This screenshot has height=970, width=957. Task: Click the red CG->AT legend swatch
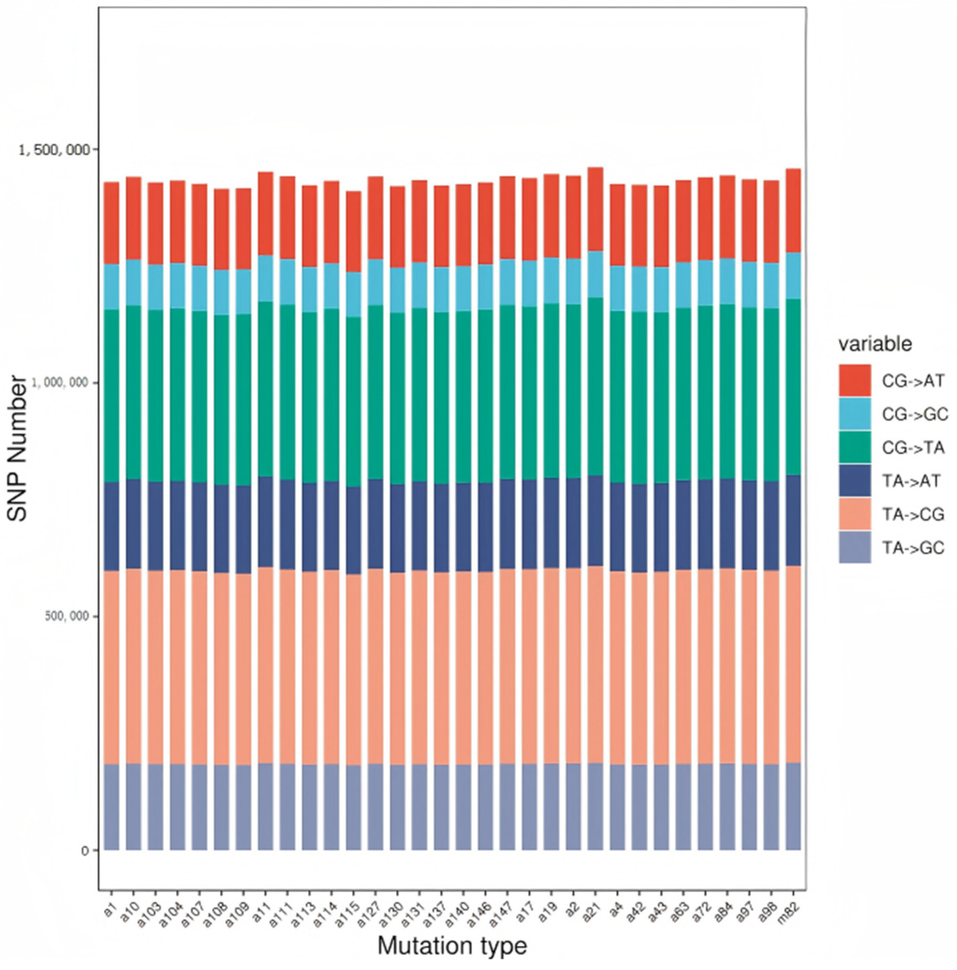854,381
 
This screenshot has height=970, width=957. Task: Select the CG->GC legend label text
915,414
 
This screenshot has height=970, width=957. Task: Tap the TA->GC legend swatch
854,547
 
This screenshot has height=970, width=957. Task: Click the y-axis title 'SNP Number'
18,449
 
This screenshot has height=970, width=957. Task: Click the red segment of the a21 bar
595,209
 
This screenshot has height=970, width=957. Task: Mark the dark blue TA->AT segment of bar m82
793,520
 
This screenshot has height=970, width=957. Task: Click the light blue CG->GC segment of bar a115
354,294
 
